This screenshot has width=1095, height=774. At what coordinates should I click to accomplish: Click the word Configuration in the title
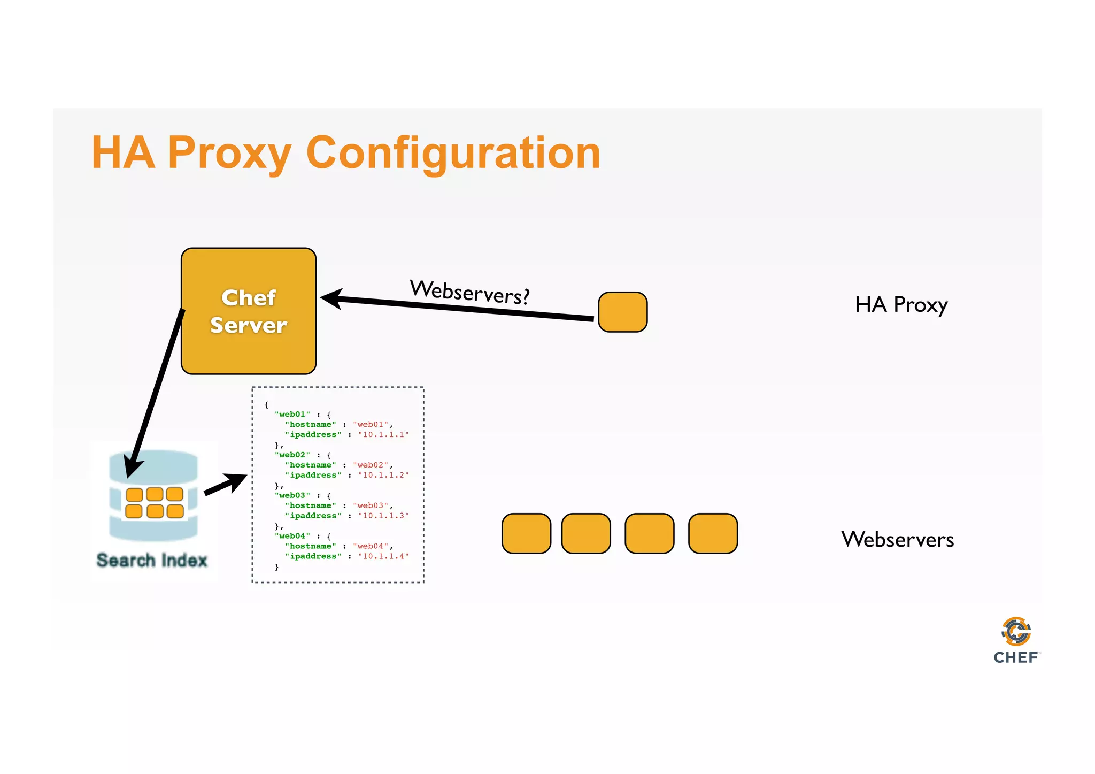coord(453,153)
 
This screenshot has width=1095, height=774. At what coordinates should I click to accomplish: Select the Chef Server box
coord(249,311)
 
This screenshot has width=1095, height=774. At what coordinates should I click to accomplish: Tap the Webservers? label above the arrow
coord(469,292)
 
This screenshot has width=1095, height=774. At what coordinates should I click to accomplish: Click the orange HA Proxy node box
coord(622,312)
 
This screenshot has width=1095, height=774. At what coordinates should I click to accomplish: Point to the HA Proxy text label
coord(901,305)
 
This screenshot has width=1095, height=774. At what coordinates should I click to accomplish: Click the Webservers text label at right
coord(897,539)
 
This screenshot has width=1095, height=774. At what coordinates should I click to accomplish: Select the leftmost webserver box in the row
coord(526,533)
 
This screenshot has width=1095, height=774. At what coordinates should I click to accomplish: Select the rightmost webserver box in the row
coord(713,533)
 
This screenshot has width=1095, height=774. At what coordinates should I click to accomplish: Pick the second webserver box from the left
coord(586,533)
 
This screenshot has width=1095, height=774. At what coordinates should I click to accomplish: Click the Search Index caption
coord(152,560)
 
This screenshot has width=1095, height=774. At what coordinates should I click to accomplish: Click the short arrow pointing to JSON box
coord(225,484)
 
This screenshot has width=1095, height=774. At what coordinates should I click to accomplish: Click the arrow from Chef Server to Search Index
coord(155,393)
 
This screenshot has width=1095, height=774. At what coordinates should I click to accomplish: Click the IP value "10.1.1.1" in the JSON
coord(383,434)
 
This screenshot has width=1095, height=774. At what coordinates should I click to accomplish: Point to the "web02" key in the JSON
coord(292,455)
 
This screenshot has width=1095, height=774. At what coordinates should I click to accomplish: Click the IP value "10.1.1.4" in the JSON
coord(383,556)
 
